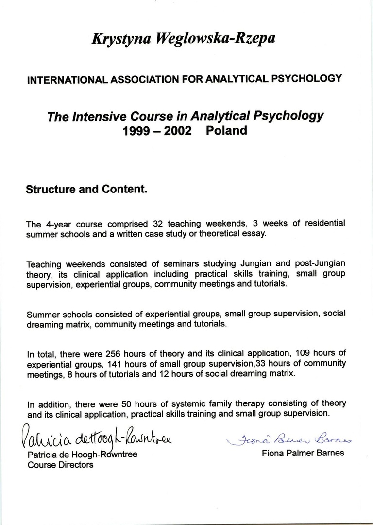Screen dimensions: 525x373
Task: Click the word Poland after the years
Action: coord(226,131)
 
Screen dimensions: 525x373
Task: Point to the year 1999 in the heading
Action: coord(138,131)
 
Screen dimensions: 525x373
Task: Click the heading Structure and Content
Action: coord(86,189)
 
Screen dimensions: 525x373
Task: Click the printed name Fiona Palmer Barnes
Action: coord(303,453)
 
